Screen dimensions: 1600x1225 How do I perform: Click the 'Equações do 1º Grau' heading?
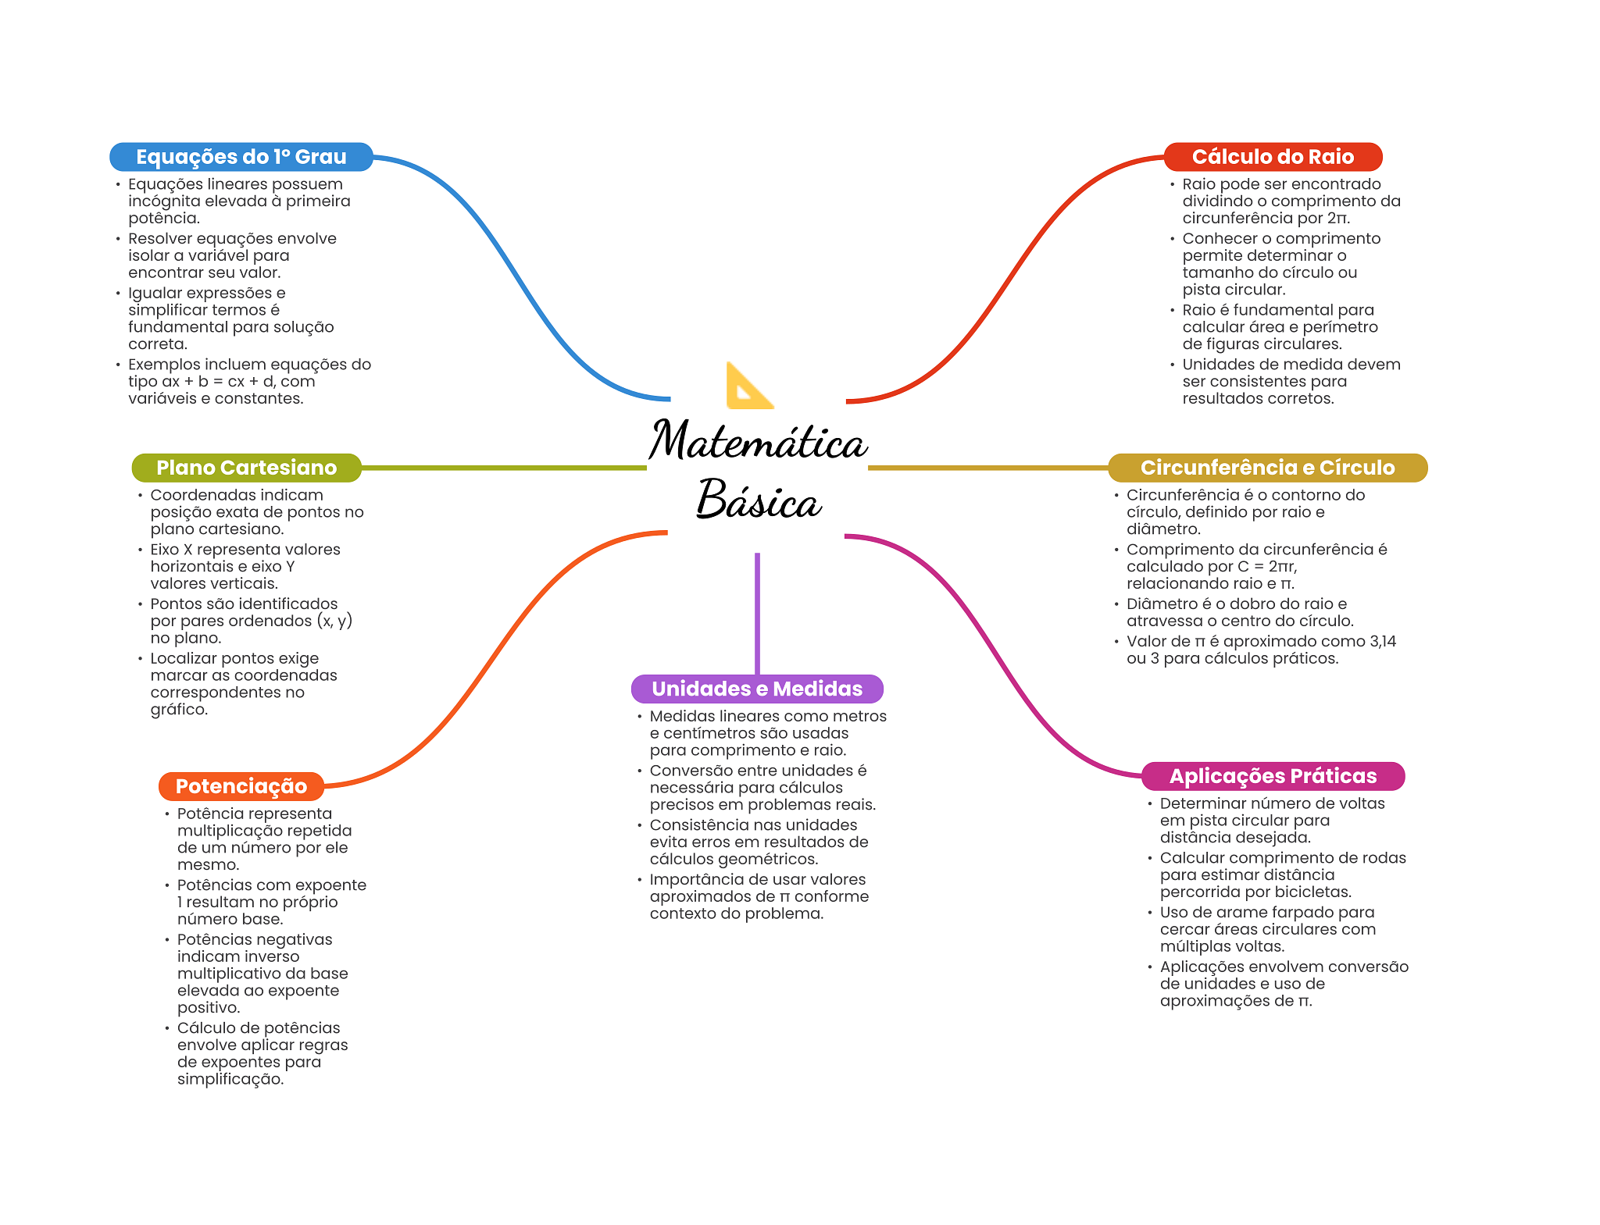point(241,157)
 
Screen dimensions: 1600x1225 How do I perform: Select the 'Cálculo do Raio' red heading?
point(1272,157)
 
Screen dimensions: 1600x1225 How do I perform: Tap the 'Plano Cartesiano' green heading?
point(246,468)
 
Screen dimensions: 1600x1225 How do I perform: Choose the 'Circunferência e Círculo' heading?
point(1267,468)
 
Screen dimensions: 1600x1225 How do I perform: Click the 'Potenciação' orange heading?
point(241,786)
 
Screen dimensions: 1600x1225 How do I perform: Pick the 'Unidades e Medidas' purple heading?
point(756,689)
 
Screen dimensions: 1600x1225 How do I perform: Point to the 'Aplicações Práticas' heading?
point(1272,776)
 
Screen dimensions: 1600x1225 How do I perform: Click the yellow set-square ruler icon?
point(748,386)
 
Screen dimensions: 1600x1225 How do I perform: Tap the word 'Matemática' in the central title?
point(758,441)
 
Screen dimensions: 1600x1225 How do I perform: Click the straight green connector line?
point(504,468)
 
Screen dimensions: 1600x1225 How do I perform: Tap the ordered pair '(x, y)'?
point(334,621)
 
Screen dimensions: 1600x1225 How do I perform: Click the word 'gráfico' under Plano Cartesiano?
point(178,710)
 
